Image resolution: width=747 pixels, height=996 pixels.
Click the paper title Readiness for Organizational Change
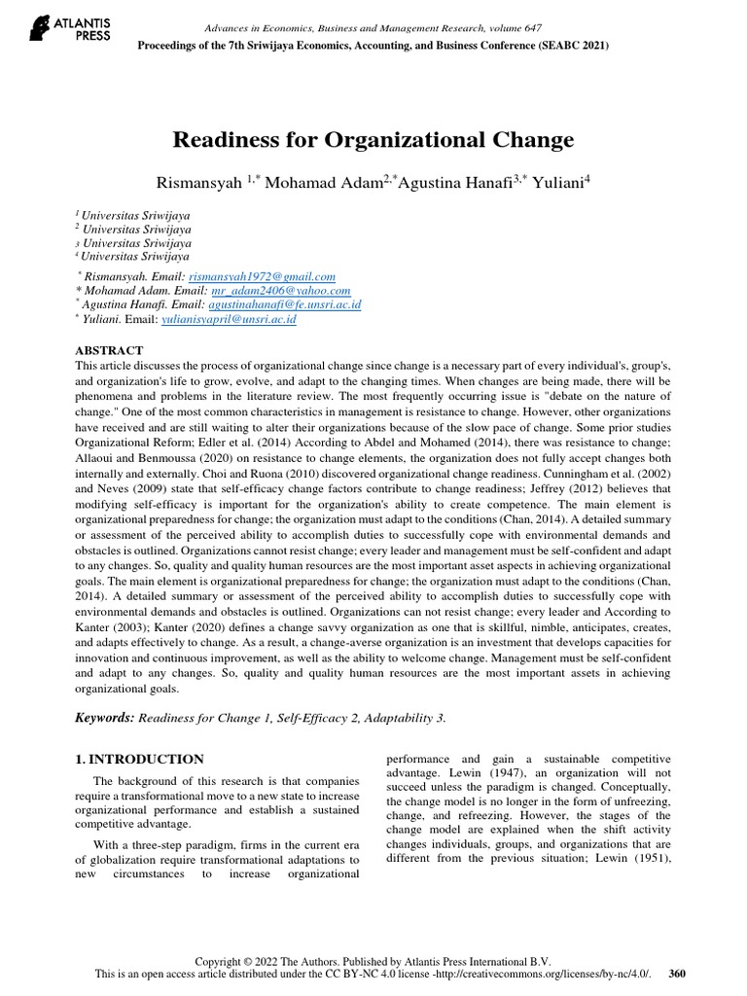(373, 140)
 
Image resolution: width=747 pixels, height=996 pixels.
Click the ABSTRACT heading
(109, 350)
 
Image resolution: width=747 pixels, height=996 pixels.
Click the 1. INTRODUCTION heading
(139, 760)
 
